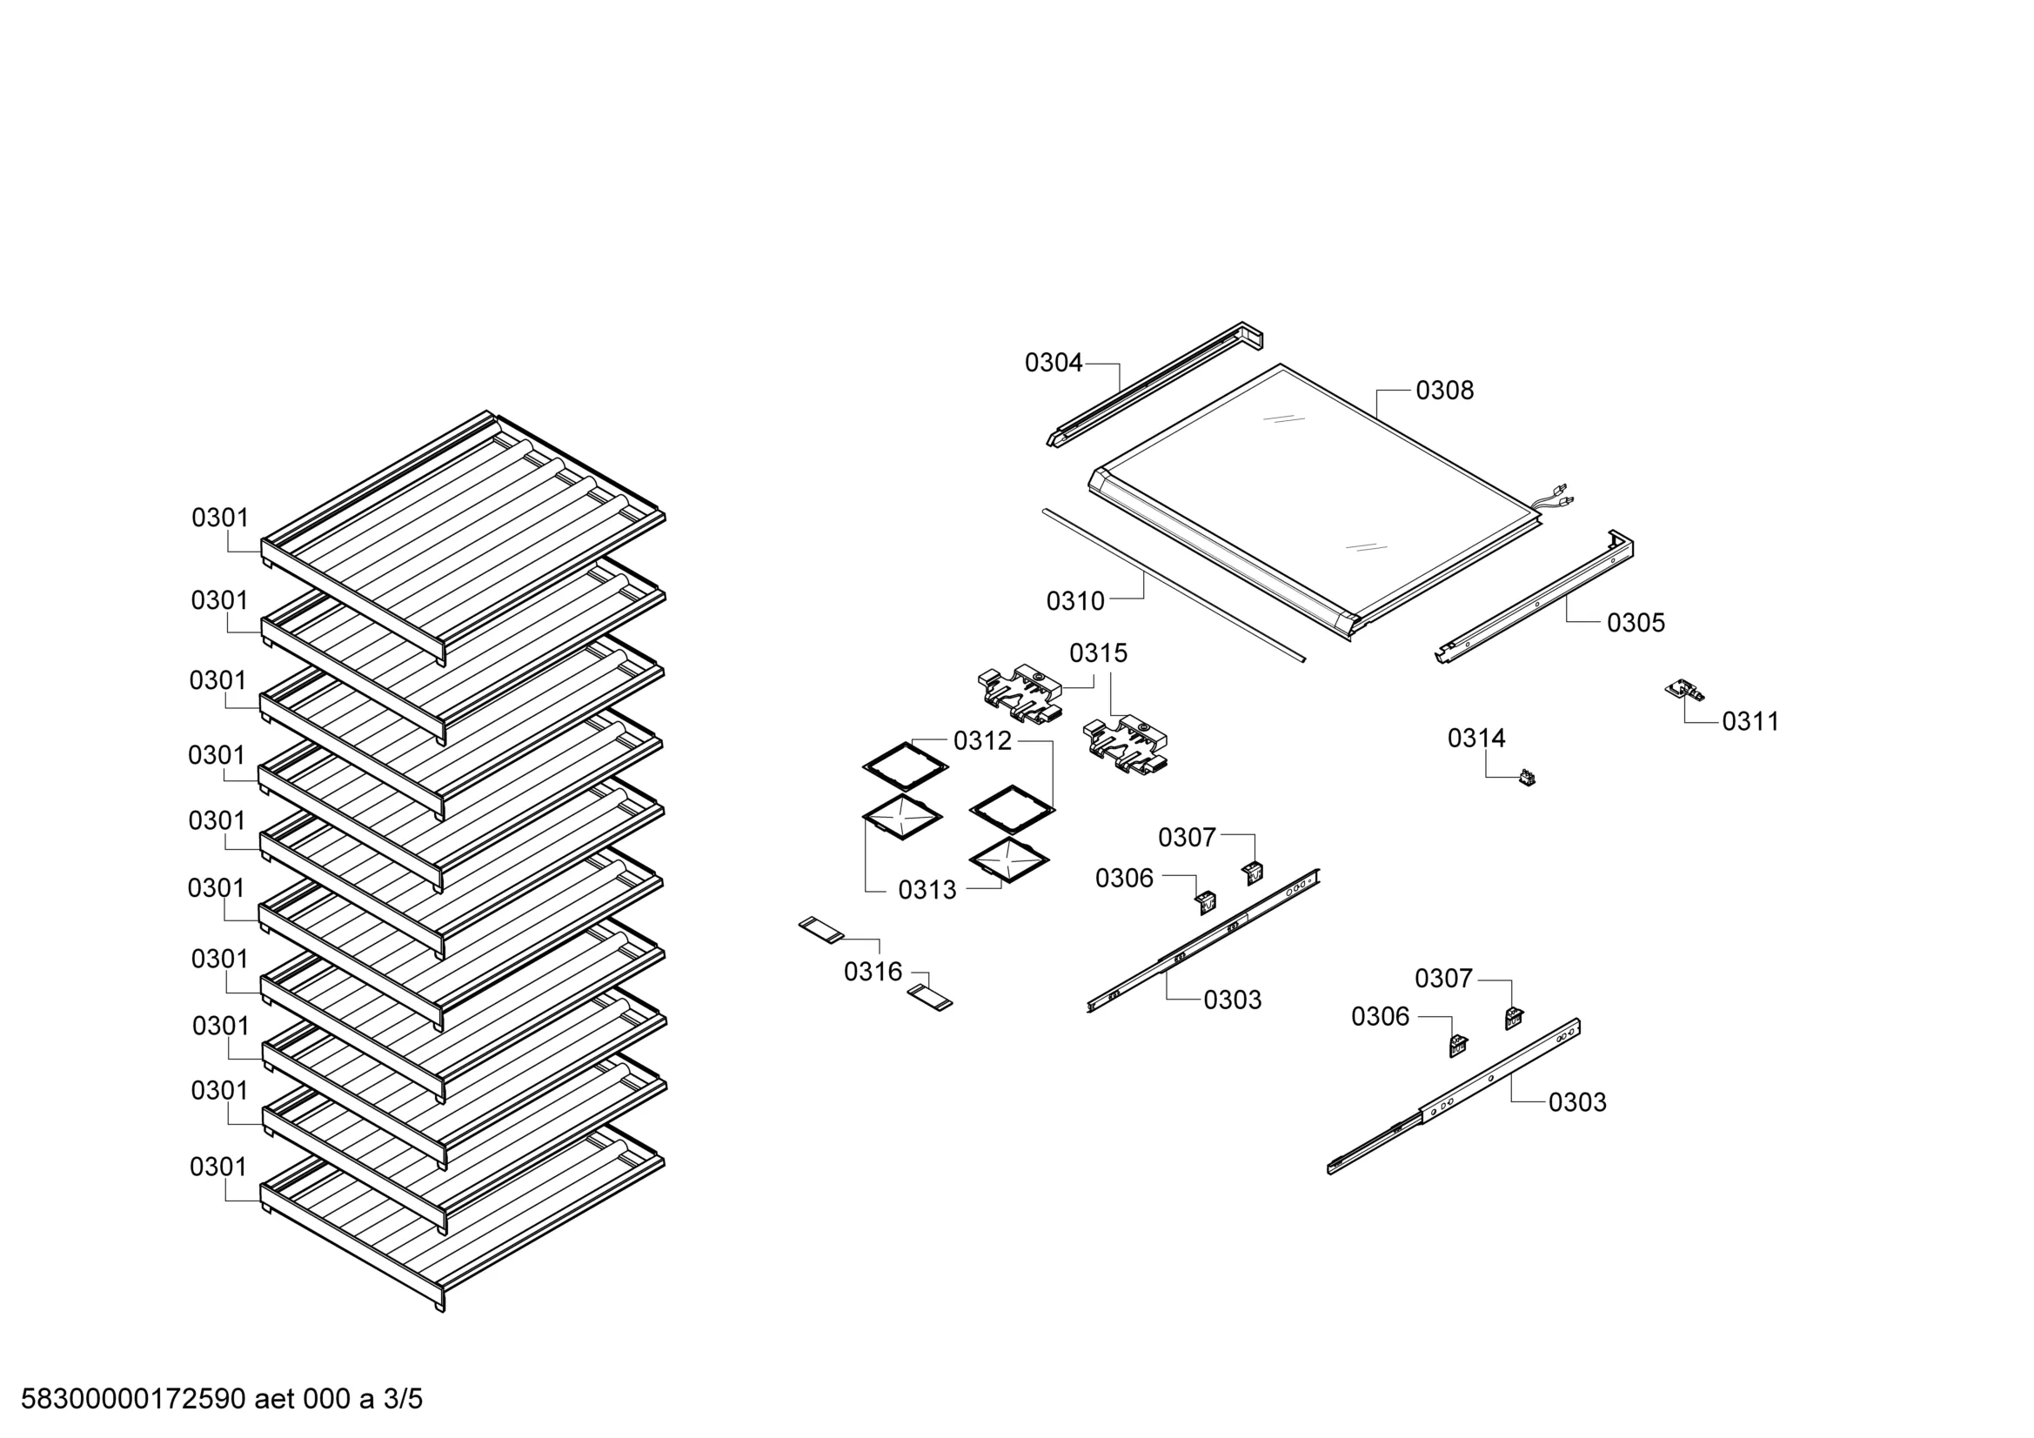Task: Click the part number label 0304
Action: (1054, 363)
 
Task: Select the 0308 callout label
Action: (1444, 391)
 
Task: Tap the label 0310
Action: (1075, 602)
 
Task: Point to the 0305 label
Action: (1636, 623)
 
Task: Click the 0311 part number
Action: (1750, 722)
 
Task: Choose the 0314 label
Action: (1475, 738)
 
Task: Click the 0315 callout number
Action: (1099, 654)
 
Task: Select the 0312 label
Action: (982, 741)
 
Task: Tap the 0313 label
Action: (927, 891)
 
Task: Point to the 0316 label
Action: (873, 972)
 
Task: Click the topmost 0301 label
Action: (221, 518)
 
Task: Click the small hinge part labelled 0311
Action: (1685, 691)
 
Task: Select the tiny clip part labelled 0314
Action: (1527, 778)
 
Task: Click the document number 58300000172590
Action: (133, 1399)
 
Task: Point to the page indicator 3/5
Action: (402, 1399)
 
